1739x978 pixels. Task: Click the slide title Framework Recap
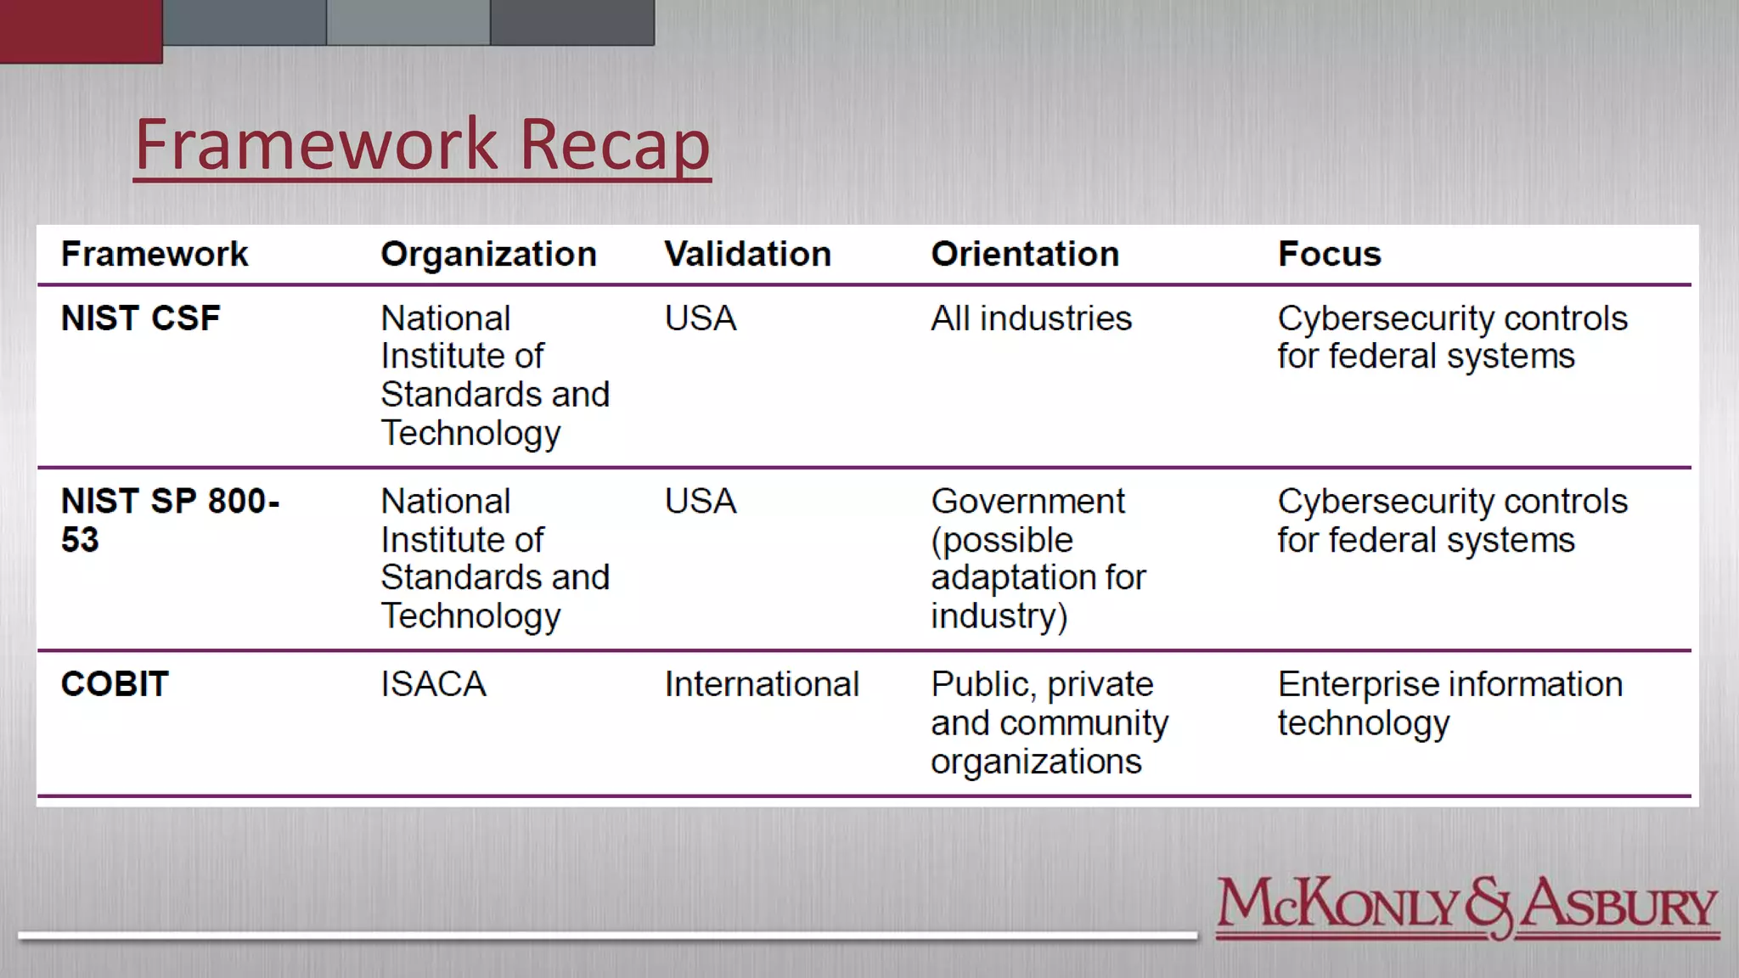pos(422,144)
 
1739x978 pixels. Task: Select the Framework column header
pos(155,254)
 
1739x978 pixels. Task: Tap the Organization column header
pos(488,254)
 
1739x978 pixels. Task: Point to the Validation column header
pos(747,254)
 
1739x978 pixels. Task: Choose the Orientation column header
pos(1025,254)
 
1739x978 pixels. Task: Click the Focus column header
pos(1329,254)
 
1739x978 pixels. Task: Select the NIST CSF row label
pos(140,318)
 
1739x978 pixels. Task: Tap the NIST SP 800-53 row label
pos(170,520)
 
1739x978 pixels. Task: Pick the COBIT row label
pos(115,684)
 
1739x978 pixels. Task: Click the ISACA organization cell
pos(433,684)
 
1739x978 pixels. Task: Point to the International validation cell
pos(762,684)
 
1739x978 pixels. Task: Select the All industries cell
pos(1031,318)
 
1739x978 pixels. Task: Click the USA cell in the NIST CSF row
pos(701,318)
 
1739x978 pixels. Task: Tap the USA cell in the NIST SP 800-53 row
pos(701,501)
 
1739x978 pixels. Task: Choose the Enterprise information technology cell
pos(1449,703)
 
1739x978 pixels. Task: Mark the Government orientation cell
pos(1038,558)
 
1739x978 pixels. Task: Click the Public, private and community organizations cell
pos(1049,722)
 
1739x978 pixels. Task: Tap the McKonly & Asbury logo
pos(1466,908)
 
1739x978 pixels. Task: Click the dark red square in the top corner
pos(81,31)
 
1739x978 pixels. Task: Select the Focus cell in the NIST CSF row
pos(1452,337)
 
